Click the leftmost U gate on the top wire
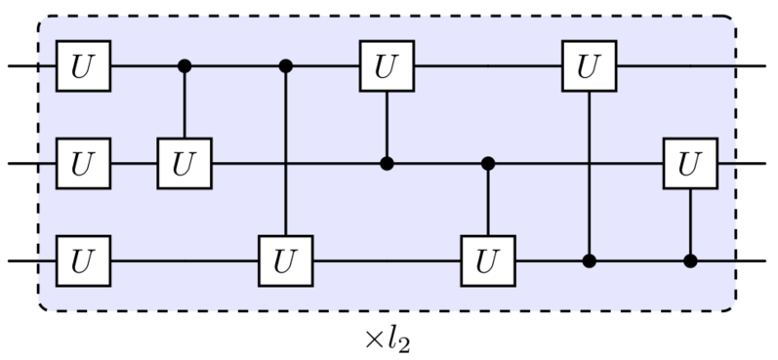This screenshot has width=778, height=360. [83, 66]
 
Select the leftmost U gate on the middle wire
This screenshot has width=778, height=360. [83, 164]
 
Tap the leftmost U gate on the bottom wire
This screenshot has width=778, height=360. [83, 261]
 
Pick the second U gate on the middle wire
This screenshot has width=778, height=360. [184, 164]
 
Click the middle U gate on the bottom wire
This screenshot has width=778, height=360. [285, 261]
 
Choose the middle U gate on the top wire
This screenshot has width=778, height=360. [387, 66]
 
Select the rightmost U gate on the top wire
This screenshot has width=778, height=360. [589, 66]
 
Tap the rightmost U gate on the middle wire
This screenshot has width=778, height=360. [690, 164]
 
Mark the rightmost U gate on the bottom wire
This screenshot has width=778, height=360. [488, 261]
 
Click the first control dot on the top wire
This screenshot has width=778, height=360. [184, 66]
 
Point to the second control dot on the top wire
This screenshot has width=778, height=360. [285, 66]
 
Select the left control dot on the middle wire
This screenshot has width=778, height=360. [387, 164]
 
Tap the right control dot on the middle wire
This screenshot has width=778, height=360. [488, 164]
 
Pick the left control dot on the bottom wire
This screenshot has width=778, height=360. [589, 261]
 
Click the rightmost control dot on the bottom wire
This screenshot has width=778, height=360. [690, 261]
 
